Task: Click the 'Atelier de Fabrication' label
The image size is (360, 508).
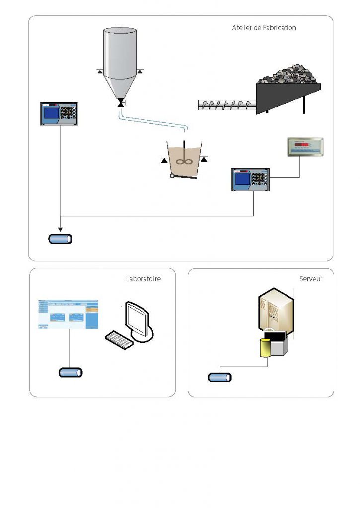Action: [264, 28]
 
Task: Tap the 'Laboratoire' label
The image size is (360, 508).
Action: [144, 279]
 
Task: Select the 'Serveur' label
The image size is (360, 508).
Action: [311, 279]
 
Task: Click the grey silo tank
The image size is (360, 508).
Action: [120, 60]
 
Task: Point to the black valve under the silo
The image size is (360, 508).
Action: [120, 103]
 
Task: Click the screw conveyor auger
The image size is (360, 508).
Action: [226, 104]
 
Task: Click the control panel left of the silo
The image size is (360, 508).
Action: [60, 114]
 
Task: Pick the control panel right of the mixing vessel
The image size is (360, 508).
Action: [250, 180]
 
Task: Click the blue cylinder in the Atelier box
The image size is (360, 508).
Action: [60, 239]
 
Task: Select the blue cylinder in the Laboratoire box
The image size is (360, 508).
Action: [71, 372]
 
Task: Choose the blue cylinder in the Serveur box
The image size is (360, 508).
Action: [219, 378]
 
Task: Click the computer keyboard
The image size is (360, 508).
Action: [119, 340]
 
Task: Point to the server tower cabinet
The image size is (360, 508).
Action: [276, 313]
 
